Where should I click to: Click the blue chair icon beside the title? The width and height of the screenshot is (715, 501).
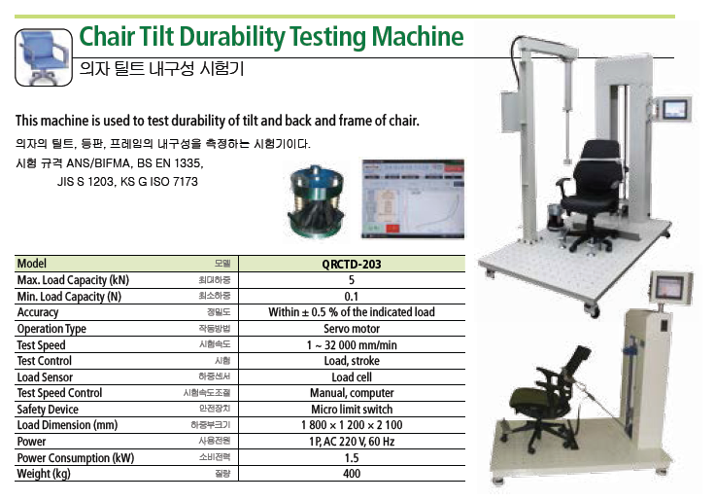pyautogui.click(x=44, y=57)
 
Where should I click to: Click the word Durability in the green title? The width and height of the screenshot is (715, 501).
pyautogui.click(x=231, y=37)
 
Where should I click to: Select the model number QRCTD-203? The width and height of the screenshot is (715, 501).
pyautogui.click(x=351, y=265)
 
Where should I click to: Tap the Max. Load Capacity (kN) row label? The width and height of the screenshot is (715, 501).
pyautogui.click(x=73, y=280)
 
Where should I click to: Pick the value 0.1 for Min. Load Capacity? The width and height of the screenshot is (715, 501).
pyautogui.click(x=351, y=297)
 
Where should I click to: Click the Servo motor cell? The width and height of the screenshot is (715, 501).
pyautogui.click(x=352, y=329)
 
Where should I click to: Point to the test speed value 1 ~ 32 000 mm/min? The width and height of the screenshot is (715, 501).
pyautogui.click(x=352, y=345)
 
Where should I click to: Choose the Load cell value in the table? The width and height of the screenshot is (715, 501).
pyautogui.click(x=352, y=377)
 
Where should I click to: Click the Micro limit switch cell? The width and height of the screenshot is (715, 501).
pyautogui.click(x=352, y=410)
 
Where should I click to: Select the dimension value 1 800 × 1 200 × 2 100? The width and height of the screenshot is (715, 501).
pyautogui.click(x=352, y=425)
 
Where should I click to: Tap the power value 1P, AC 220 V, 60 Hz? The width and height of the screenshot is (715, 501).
pyautogui.click(x=352, y=442)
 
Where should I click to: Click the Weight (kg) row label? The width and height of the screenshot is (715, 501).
pyautogui.click(x=44, y=474)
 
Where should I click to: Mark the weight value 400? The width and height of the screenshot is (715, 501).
pyautogui.click(x=352, y=474)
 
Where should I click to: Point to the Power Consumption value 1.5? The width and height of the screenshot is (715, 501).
pyautogui.click(x=352, y=458)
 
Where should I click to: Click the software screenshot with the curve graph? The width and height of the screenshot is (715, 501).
pyautogui.click(x=413, y=199)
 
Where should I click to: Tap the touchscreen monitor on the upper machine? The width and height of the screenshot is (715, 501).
pyautogui.click(x=675, y=110)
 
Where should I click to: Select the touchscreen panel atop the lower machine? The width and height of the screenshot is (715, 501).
pyautogui.click(x=670, y=289)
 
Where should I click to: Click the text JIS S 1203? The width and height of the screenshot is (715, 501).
pyautogui.click(x=85, y=182)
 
